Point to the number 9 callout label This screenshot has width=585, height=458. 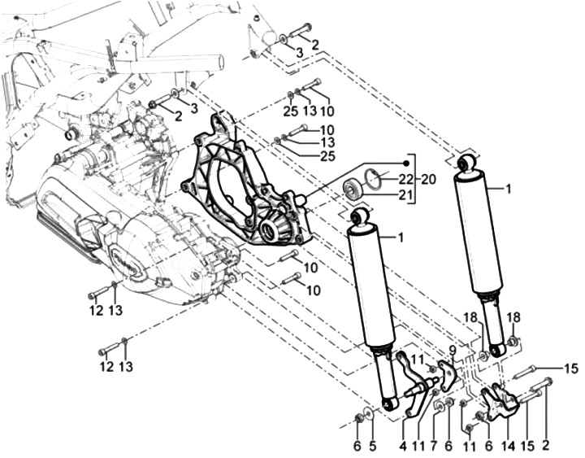pos(453,351)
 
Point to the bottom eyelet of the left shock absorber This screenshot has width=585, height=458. pos(388,403)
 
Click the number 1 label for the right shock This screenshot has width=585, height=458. pos(509,189)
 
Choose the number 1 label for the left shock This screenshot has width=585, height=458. pos(401,237)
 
